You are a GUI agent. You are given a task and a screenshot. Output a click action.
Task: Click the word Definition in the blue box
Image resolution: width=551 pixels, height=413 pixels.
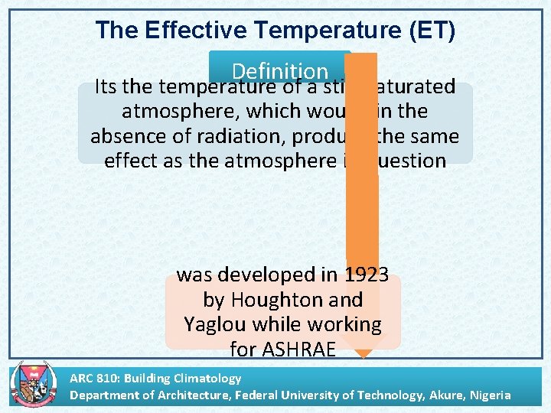279,71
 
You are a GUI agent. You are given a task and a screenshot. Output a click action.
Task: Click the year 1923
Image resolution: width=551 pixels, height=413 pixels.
367,274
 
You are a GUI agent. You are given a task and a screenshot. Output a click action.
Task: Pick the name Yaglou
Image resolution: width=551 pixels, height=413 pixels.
215,324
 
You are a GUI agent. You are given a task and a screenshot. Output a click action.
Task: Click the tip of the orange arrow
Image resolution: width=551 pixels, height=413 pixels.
362,354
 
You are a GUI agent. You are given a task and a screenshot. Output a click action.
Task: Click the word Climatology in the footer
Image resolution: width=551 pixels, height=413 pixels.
206,378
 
